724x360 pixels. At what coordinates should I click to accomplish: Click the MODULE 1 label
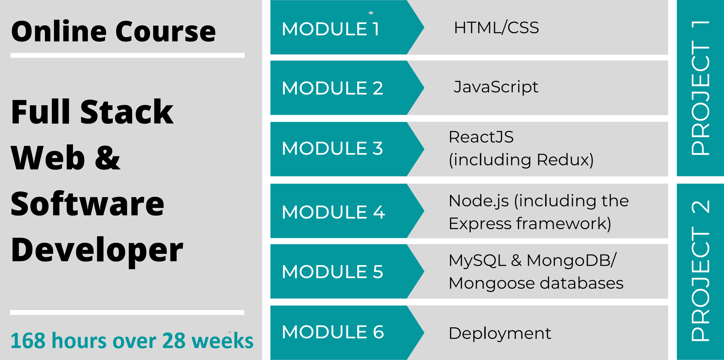(331, 29)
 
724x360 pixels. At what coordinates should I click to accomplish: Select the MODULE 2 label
(332, 88)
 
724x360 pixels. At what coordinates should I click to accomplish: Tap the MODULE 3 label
(332, 148)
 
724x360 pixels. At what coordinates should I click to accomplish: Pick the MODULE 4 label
(333, 212)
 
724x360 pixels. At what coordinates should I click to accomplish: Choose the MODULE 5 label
(332, 272)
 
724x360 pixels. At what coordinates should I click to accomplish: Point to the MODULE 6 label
(333, 332)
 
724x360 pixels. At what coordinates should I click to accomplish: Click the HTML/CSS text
(496, 28)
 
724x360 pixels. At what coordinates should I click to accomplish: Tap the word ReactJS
(481, 137)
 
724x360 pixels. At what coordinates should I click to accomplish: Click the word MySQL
(477, 261)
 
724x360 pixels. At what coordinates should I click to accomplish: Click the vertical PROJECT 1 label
(700, 88)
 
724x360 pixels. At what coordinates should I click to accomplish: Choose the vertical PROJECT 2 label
(700, 271)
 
